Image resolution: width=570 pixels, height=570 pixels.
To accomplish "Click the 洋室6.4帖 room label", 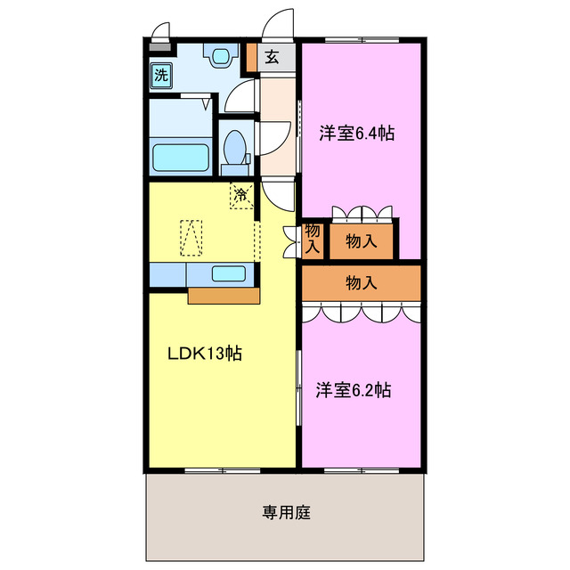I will [357, 134].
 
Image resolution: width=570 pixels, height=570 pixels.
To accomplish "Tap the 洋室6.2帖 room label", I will [354, 389].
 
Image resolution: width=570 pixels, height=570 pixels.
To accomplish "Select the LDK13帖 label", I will [206, 353].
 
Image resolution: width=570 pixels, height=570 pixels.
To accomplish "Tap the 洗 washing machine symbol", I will [161, 75].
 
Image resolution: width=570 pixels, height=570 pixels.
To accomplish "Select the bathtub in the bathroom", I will [181, 157].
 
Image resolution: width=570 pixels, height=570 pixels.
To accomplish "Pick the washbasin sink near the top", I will [219, 57].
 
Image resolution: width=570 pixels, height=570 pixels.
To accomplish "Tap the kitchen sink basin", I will [229, 273].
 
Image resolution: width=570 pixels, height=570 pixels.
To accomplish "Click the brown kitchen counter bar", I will [224, 294].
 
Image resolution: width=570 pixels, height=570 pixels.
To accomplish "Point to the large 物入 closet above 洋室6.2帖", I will [361, 282].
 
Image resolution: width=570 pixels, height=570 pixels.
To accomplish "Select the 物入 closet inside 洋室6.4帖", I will [361, 240].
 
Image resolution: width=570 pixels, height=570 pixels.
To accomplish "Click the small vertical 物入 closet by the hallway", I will [312, 239].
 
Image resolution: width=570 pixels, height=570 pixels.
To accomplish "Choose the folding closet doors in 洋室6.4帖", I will [361, 213].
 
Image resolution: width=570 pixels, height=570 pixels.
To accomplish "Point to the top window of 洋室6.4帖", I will [361, 40].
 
